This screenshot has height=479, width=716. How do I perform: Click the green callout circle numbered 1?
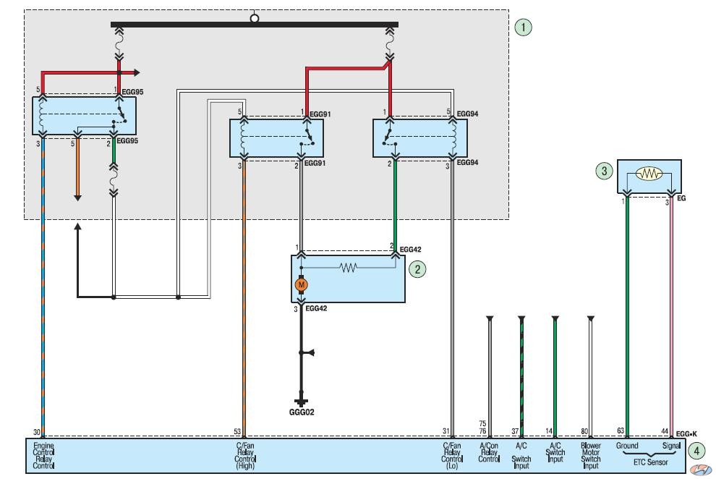click(x=523, y=27)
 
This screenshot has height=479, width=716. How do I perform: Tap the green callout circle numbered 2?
click(x=417, y=269)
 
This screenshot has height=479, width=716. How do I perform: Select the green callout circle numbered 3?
click(x=604, y=171)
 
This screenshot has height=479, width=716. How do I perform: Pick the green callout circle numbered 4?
click(x=696, y=452)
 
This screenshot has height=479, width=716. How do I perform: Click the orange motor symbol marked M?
click(x=301, y=285)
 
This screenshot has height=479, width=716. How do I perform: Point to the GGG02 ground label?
click(x=302, y=412)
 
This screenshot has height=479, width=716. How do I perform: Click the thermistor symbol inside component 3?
click(x=649, y=174)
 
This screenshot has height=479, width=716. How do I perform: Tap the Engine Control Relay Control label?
click(x=43, y=455)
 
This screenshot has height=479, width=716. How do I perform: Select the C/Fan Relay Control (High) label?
click(x=244, y=455)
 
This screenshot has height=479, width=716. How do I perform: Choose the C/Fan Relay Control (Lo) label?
click(x=452, y=455)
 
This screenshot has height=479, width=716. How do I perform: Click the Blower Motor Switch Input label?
click(x=590, y=455)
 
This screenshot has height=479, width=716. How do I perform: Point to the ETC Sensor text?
click(x=650, y=462)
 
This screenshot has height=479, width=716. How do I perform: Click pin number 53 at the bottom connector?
click(x=237, y=431)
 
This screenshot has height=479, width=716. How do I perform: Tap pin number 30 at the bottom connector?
click(x=37, y=431)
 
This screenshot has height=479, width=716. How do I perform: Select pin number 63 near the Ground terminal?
click(x=620, y=431)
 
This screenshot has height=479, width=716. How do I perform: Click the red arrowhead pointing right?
click(x=137, y=72)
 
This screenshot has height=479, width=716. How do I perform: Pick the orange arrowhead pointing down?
click(x=77, y=198)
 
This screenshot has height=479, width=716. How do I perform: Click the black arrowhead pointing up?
click(x=77, y=226)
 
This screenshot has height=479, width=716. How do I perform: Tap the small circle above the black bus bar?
click(x=255, y=18)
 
